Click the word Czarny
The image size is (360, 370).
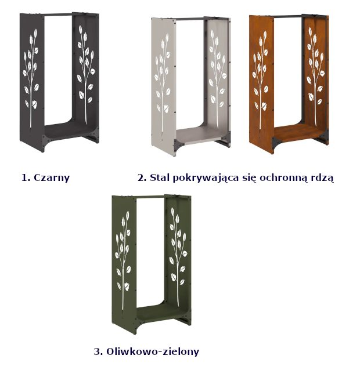tap(52, 178)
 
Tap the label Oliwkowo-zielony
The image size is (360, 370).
tap(153, 351)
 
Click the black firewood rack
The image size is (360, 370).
tap(59, 82)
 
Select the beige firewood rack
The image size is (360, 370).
tap(191, 86)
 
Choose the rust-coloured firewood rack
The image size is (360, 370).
tap(289, 84)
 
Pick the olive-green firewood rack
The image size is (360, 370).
tap(152, 264)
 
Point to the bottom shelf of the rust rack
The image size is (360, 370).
tap(299, 133)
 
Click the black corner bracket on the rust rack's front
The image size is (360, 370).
tap(276, 142)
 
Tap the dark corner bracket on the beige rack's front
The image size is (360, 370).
tap(179, 144)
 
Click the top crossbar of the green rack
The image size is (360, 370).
tap(150, 197)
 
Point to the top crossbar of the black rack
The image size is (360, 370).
tap(58, 14)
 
